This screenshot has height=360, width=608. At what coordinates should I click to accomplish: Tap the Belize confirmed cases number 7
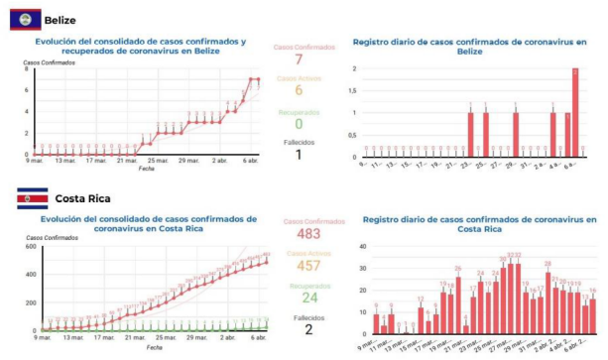298,60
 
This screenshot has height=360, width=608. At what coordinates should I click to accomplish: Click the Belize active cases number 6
298,91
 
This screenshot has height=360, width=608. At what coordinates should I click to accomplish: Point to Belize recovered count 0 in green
298,123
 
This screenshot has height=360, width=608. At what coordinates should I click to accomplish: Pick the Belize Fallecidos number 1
298,155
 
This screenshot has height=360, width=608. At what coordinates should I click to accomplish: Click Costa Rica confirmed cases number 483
298,234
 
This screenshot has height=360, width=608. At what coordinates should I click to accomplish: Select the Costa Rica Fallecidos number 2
298,330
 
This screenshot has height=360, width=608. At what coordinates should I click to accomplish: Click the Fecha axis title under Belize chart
146,169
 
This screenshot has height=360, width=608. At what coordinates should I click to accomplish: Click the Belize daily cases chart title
470,47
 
